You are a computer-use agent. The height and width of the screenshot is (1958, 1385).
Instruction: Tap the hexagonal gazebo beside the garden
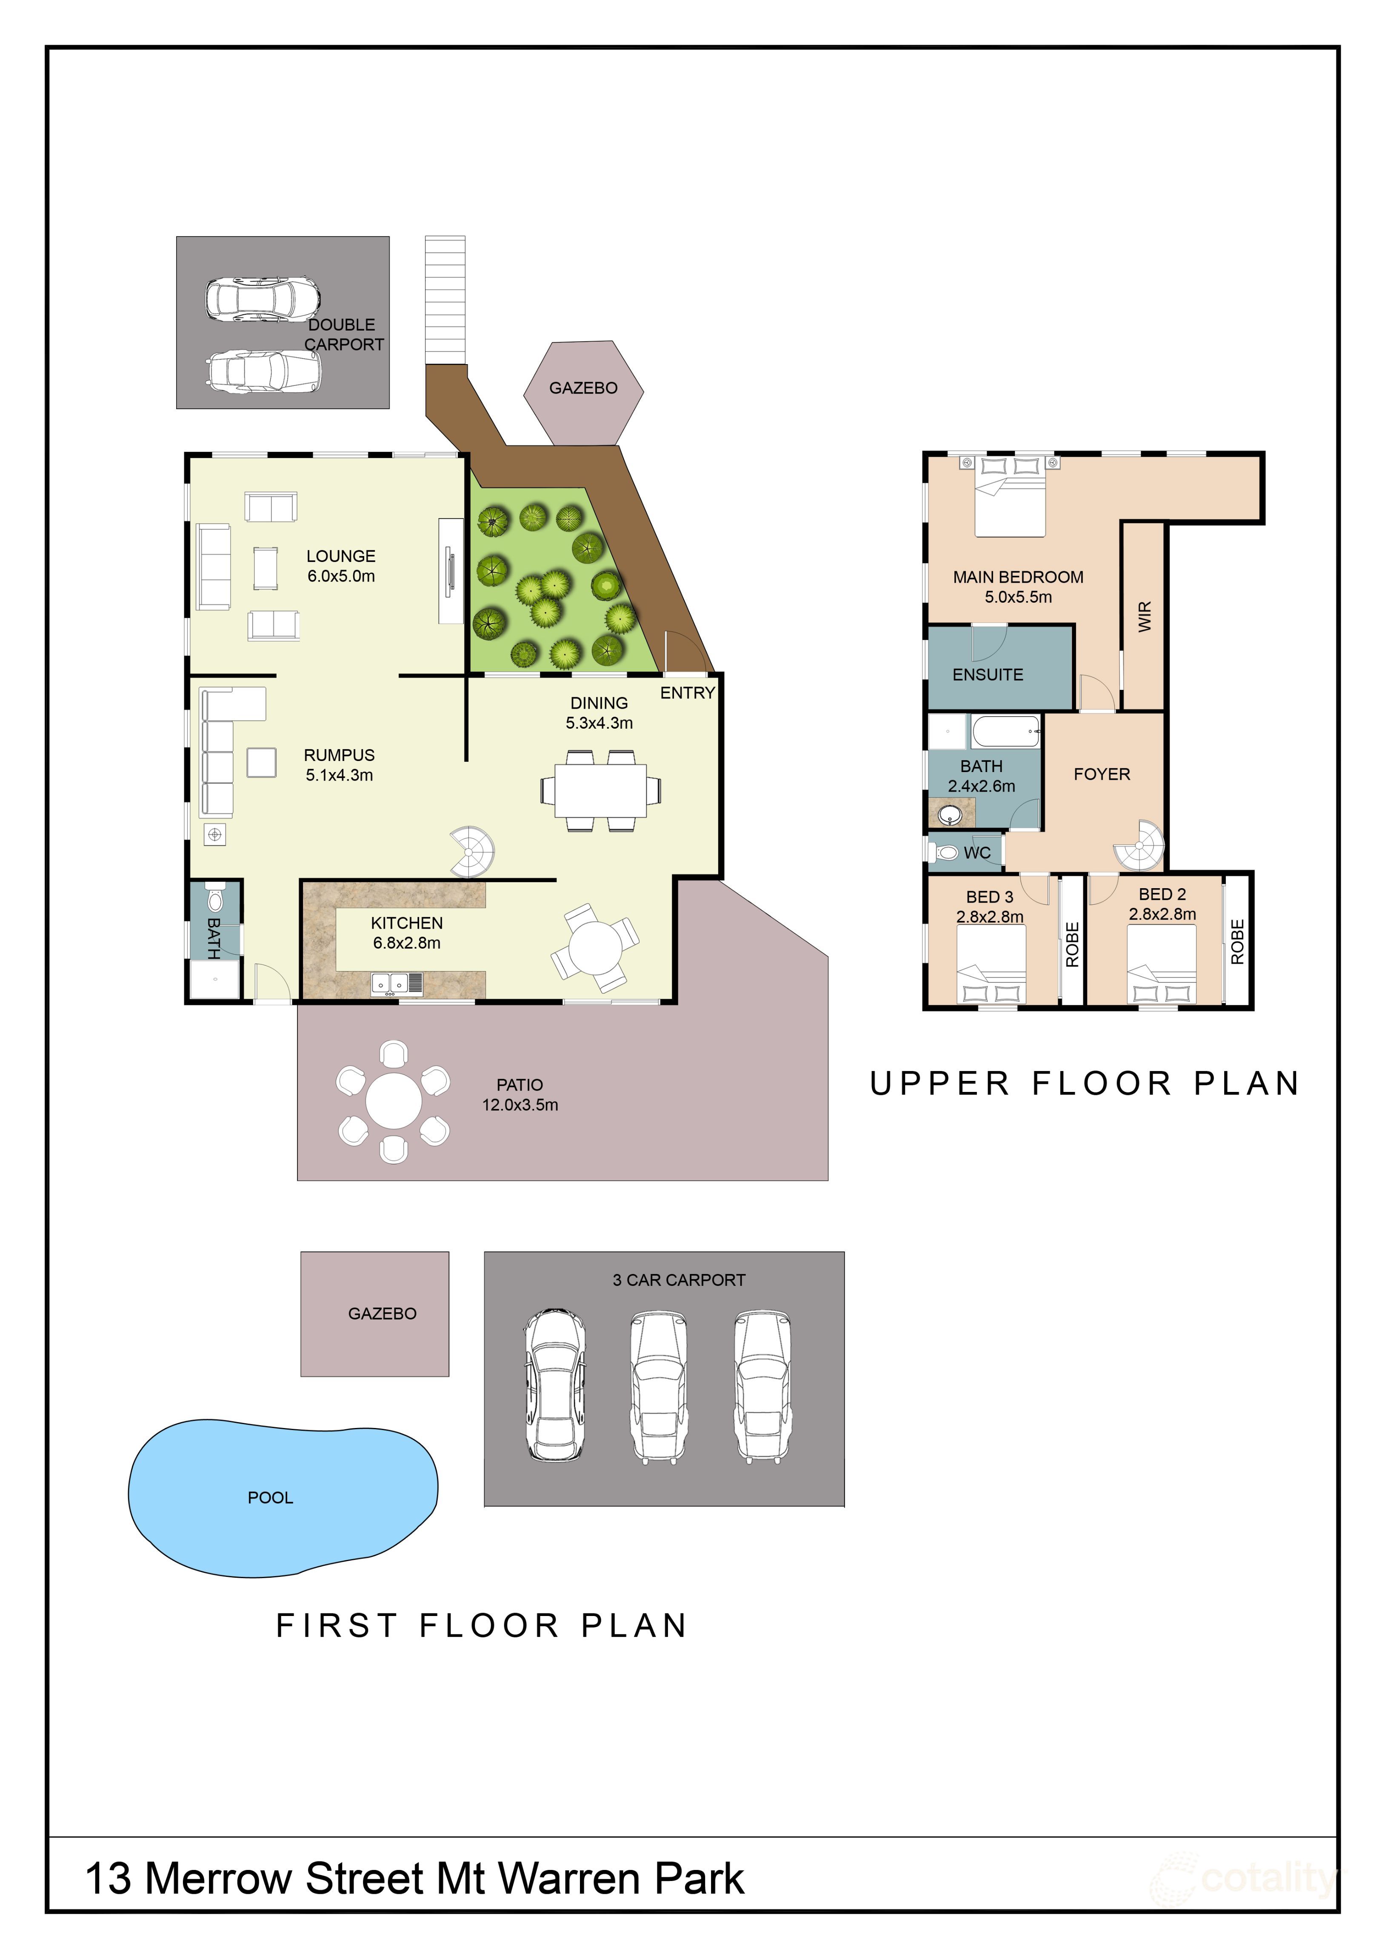pyautogui.click(x=583, y=392)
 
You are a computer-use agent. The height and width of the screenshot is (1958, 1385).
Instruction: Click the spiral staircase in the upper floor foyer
pyautogui.click(x=1140, y=845)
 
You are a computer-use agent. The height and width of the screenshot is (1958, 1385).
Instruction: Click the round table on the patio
pyautogui.click(x=393, y=1101)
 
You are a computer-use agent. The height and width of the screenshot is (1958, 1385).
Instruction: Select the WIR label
pyautogui.click(x=1145, y=616)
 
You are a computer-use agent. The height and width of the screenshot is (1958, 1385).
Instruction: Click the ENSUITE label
pyautogui.click(x=988, y=675)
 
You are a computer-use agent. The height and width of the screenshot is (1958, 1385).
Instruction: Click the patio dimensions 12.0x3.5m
pyautogui.click(x=520, y=1105)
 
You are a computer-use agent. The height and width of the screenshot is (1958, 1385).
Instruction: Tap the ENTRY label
pyautogui.click(x=687, y=693)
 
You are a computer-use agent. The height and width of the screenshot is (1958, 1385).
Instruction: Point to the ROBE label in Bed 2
pyautogui.click(x=1237, y=941)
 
